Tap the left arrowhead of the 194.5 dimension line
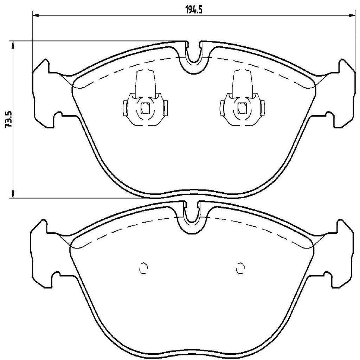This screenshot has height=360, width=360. (35, 15)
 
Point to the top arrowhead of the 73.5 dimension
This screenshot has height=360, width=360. (13, 44)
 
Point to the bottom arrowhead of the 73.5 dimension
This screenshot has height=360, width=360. (13, 194)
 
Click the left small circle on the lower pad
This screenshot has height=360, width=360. (143, 268)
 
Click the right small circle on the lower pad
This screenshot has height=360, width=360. (240, 268)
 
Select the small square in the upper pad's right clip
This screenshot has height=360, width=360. (242, 108)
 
